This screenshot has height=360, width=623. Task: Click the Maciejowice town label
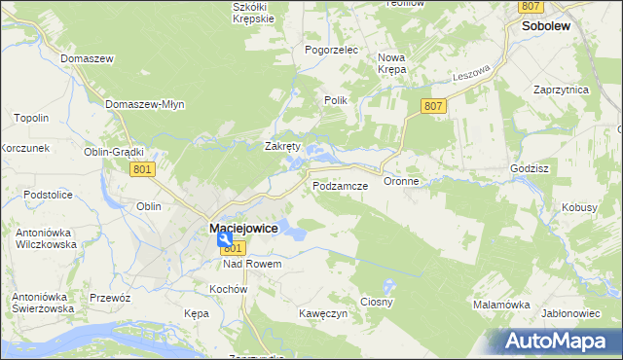click(x=243, y=229)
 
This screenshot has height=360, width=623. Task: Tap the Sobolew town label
click(x=546, y=28)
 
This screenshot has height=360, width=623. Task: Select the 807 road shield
click(x=434, y=105)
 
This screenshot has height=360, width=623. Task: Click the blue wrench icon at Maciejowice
click(x=225, y=237)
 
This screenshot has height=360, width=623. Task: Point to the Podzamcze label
click(x=339, y=185)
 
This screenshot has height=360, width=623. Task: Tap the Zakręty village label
click(x=283, y=147)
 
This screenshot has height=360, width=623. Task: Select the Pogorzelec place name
click(x=332, y=50)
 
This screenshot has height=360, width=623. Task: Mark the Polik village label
click(x=335, y=100)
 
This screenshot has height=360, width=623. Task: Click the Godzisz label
click(x=531, y=167)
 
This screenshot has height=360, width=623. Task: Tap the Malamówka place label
click(x=500, y=304)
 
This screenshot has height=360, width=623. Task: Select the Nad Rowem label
click(x=252, y=264)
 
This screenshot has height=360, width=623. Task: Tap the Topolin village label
click(x=31, y=119)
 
